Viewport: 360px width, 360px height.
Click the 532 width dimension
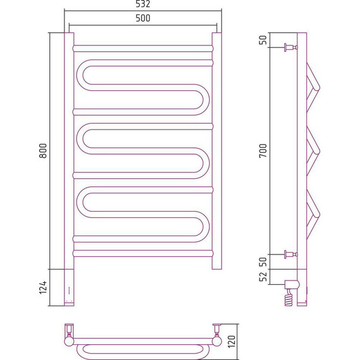click(x=143, y=4)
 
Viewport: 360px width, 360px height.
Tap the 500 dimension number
click(x=143, y=18)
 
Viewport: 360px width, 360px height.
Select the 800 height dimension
click(x=43, y=150)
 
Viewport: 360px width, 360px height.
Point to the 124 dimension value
click(x=43, y=287)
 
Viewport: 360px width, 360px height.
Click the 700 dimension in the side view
click(x=263, y=150)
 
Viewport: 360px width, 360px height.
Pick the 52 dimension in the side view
click(x=263, y=277)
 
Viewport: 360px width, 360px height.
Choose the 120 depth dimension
click(x=232, y=342)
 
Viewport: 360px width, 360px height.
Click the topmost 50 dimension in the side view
click(x=263, y=40)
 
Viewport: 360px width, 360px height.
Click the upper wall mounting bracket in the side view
click(x=291, y=47)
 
